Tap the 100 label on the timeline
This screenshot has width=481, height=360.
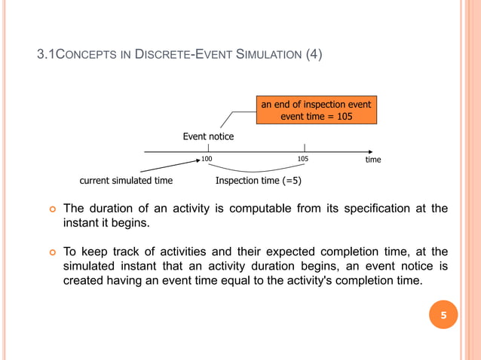point(207,160)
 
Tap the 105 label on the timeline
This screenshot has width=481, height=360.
point(303,160)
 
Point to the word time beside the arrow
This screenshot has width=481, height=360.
point(372,160)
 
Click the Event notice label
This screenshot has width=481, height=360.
point(208,136)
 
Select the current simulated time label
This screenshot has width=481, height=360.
point(126,181)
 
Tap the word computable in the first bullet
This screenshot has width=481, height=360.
point(258,209)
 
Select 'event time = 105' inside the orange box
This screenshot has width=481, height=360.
point(316,117)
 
